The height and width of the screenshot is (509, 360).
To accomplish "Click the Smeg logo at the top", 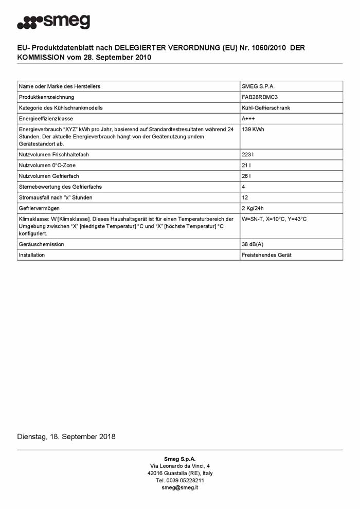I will tap(53, 22).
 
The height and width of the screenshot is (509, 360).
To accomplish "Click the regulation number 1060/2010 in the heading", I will tap(261, 48).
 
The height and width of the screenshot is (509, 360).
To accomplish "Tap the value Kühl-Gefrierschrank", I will tap(266, 108).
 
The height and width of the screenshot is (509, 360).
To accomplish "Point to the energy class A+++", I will tap(248, 119).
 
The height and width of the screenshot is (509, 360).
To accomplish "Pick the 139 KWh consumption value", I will tap(253, 130).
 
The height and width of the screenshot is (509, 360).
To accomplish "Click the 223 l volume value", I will tap(248, 154).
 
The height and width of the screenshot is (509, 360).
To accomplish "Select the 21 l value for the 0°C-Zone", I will tap(246, 165).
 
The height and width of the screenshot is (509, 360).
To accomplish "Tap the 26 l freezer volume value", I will tap(246, 176).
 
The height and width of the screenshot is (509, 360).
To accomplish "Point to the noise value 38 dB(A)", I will tap(253, 244).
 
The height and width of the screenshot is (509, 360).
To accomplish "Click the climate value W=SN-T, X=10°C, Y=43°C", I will tap(274, 219).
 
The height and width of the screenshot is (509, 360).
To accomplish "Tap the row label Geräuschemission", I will tap(42, 244).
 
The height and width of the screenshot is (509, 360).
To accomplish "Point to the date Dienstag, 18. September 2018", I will tap(66, 437).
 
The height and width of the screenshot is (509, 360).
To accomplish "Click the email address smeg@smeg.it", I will tap(180, 487).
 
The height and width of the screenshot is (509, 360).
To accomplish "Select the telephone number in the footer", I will tap(180, 480).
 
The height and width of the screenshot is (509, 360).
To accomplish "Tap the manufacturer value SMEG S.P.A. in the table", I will tap(258, 86).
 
